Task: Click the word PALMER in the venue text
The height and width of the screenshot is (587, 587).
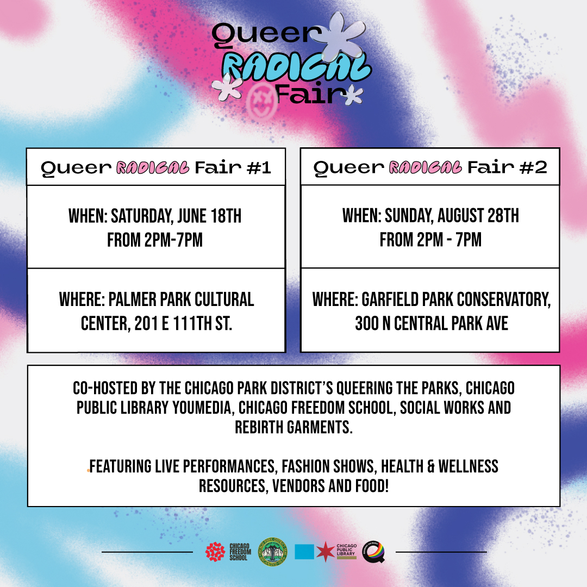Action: click(x=132, y=299)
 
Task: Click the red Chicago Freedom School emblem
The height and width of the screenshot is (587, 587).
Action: click(x=215, y=552)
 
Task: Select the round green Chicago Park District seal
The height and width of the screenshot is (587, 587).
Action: click(x=272, y=552)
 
